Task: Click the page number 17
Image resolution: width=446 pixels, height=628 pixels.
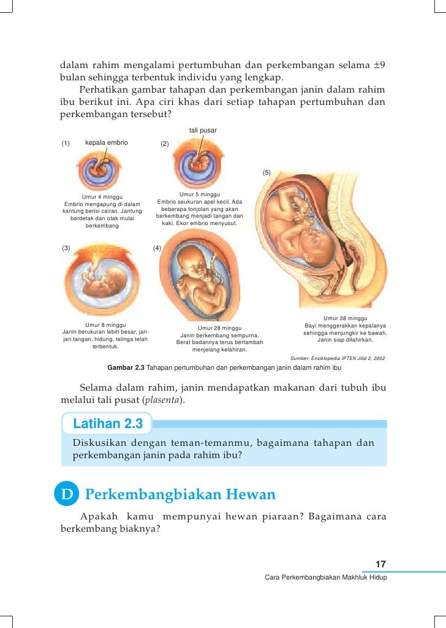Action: [380, 564]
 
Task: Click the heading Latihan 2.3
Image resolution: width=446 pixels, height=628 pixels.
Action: [108, 424]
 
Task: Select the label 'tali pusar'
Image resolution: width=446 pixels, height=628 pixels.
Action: [203, 130]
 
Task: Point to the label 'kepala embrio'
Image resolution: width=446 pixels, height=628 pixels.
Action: [107, 143]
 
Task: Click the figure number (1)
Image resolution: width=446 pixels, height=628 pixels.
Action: [66, 144]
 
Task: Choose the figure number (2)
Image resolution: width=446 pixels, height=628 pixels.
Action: [164, 144]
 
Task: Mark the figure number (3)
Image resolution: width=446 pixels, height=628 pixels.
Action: [66, 248]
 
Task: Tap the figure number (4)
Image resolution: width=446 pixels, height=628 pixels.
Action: [157, 248]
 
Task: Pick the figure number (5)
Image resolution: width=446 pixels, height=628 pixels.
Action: [266, 173]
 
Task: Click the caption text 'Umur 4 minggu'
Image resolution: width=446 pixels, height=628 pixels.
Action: [102, 197]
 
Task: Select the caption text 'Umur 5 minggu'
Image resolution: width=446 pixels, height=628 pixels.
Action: [200, 194]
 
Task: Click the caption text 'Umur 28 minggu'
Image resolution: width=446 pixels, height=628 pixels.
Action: [219, 328]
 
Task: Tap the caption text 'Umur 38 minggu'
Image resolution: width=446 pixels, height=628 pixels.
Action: [345, 318]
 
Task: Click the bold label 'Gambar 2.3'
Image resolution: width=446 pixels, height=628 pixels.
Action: [126, 368]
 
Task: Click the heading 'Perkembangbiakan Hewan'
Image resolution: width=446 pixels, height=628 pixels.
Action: [180, 494]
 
